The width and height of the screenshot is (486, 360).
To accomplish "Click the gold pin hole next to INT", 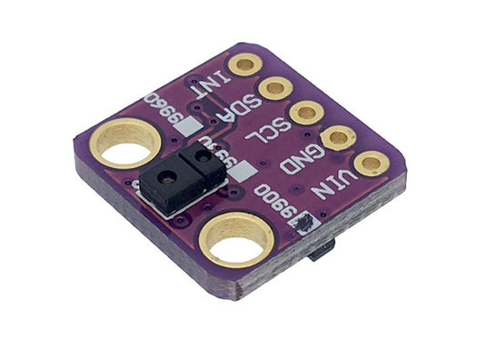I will (244, 65).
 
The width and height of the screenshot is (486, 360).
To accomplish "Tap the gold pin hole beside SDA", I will (275, 88).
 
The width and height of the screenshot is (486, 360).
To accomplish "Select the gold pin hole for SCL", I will (307, 113).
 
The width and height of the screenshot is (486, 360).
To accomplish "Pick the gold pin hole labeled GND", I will (339, 138).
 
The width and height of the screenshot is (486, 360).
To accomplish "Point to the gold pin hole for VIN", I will (371, 165).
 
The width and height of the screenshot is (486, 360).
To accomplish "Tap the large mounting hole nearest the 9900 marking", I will (235, 241).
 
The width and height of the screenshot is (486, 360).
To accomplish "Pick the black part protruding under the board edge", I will (322, 251).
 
